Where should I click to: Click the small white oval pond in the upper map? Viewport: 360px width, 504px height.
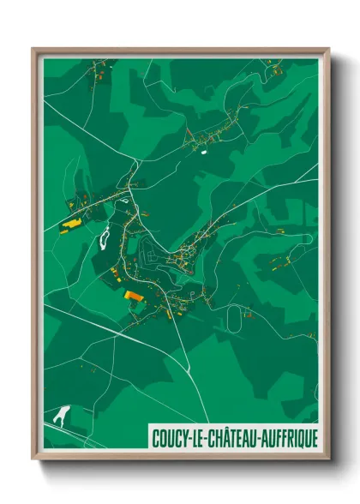pyautogui.click(x=204, y=152)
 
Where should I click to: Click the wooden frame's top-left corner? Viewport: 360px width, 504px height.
pyautogui.click(x=34, y=50)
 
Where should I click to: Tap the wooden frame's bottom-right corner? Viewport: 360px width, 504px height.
pyautogui.click(x=327, y=457)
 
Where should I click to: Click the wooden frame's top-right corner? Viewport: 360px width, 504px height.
pyautogui.click(x=327, y=50)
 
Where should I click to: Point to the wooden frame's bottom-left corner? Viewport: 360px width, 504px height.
pyautogui.click(x=34, y=457)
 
